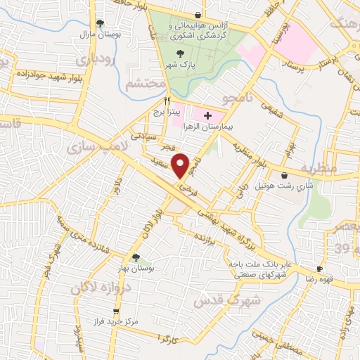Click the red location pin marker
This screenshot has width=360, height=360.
181,166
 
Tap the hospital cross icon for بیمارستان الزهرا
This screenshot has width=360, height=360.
207,115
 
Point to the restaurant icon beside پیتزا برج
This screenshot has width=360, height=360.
167,100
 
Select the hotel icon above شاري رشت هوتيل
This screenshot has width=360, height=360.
284,175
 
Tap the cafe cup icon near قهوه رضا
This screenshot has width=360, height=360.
319,269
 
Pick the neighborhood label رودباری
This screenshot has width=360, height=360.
98,62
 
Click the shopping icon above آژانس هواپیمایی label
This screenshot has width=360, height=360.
198,15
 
